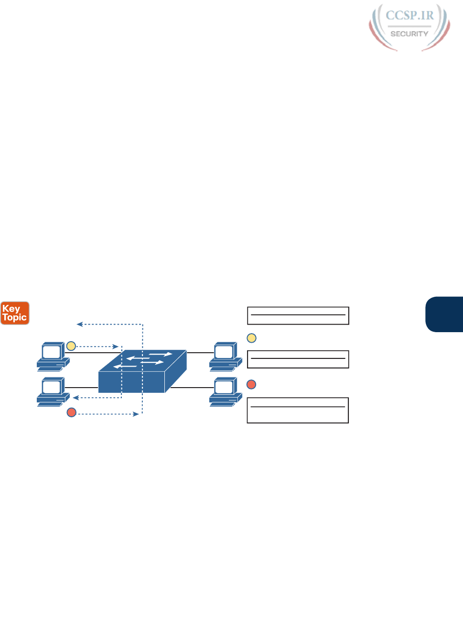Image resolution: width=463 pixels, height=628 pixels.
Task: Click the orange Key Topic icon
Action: click(15, 313)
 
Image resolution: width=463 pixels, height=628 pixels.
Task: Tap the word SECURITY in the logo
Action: click(409, 34)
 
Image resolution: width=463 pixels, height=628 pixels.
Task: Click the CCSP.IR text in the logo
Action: click(409, 16)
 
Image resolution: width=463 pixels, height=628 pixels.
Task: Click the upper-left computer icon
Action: click(53, 356)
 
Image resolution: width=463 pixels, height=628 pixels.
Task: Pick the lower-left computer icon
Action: click(53, 391)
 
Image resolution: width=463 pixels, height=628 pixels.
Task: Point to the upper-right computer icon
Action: click(225, 356)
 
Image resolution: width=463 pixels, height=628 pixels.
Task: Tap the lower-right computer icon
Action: click(225, 391)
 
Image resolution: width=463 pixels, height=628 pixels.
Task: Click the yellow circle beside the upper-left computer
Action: click(71, 346)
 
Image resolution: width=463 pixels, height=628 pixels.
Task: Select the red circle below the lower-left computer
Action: click(72, 412)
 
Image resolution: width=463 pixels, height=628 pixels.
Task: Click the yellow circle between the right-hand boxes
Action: click(251, 338)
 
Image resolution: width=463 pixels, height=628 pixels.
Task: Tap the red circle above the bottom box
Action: click(251, 384)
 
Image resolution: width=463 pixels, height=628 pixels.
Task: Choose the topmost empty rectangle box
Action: click(298, 315)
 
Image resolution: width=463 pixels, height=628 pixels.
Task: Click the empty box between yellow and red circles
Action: click(298, 359)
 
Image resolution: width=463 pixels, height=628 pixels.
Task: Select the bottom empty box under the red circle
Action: click(298, 410)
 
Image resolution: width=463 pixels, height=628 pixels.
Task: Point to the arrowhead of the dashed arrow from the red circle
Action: click(137, 414)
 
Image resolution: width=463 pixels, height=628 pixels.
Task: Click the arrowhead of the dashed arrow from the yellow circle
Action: click(116, 346)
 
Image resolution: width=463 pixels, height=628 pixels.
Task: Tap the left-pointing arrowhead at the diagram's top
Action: click(79, 325)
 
